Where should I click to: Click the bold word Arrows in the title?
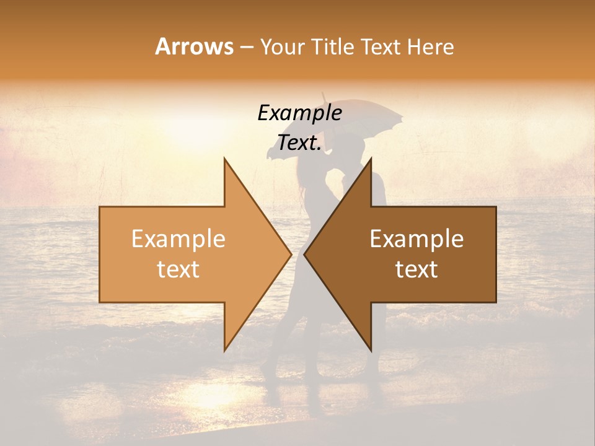pos(194,46)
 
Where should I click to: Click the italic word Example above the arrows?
pos(299,113)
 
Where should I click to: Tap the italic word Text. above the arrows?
pos(299,142)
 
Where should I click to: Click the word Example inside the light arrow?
pos(178,239)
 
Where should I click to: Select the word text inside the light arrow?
pos(178,269)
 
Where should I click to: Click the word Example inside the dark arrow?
pos(416,239)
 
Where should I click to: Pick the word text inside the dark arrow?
pos(416,269)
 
